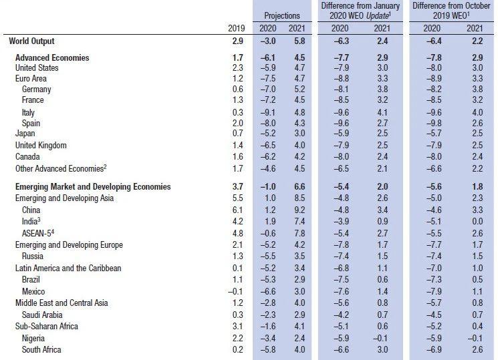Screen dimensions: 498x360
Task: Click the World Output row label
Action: click(x=31, y=41)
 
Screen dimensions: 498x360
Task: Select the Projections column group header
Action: click(x=282, y=15)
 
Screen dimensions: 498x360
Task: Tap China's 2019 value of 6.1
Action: click(x=237, y=210)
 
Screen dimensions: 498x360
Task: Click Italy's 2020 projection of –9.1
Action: click(x=268, y=113)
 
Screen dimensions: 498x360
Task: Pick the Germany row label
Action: click(x=36, y=89)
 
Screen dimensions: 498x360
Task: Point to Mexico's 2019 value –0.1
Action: click(x=235, y=291)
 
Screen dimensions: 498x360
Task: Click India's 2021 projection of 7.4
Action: click(x=299, y=221)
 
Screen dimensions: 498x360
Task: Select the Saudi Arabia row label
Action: click(x=42, y=315)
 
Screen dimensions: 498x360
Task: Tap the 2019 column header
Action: click(x=236, y=28)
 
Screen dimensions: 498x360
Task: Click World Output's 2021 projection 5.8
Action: click(x=299, y=41)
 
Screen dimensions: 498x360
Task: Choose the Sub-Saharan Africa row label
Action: click(x=46, y=327)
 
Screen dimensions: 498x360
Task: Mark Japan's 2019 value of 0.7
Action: click(x=237, y=134)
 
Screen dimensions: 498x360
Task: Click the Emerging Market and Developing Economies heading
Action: click(x=93, y=186)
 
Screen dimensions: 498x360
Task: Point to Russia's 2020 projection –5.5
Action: click(x=268, y=256)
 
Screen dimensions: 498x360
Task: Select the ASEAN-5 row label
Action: click(x=38, y=233)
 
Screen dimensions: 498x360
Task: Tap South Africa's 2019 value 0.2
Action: click(x=237, y=349)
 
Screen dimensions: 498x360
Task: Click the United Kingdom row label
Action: click(x=41, y=146)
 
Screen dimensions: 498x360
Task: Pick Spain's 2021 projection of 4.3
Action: click(x=299, y=123)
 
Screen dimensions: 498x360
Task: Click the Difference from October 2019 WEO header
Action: click(x=451, y=11)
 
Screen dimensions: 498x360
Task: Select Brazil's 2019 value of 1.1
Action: click(x=237, y=279)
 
